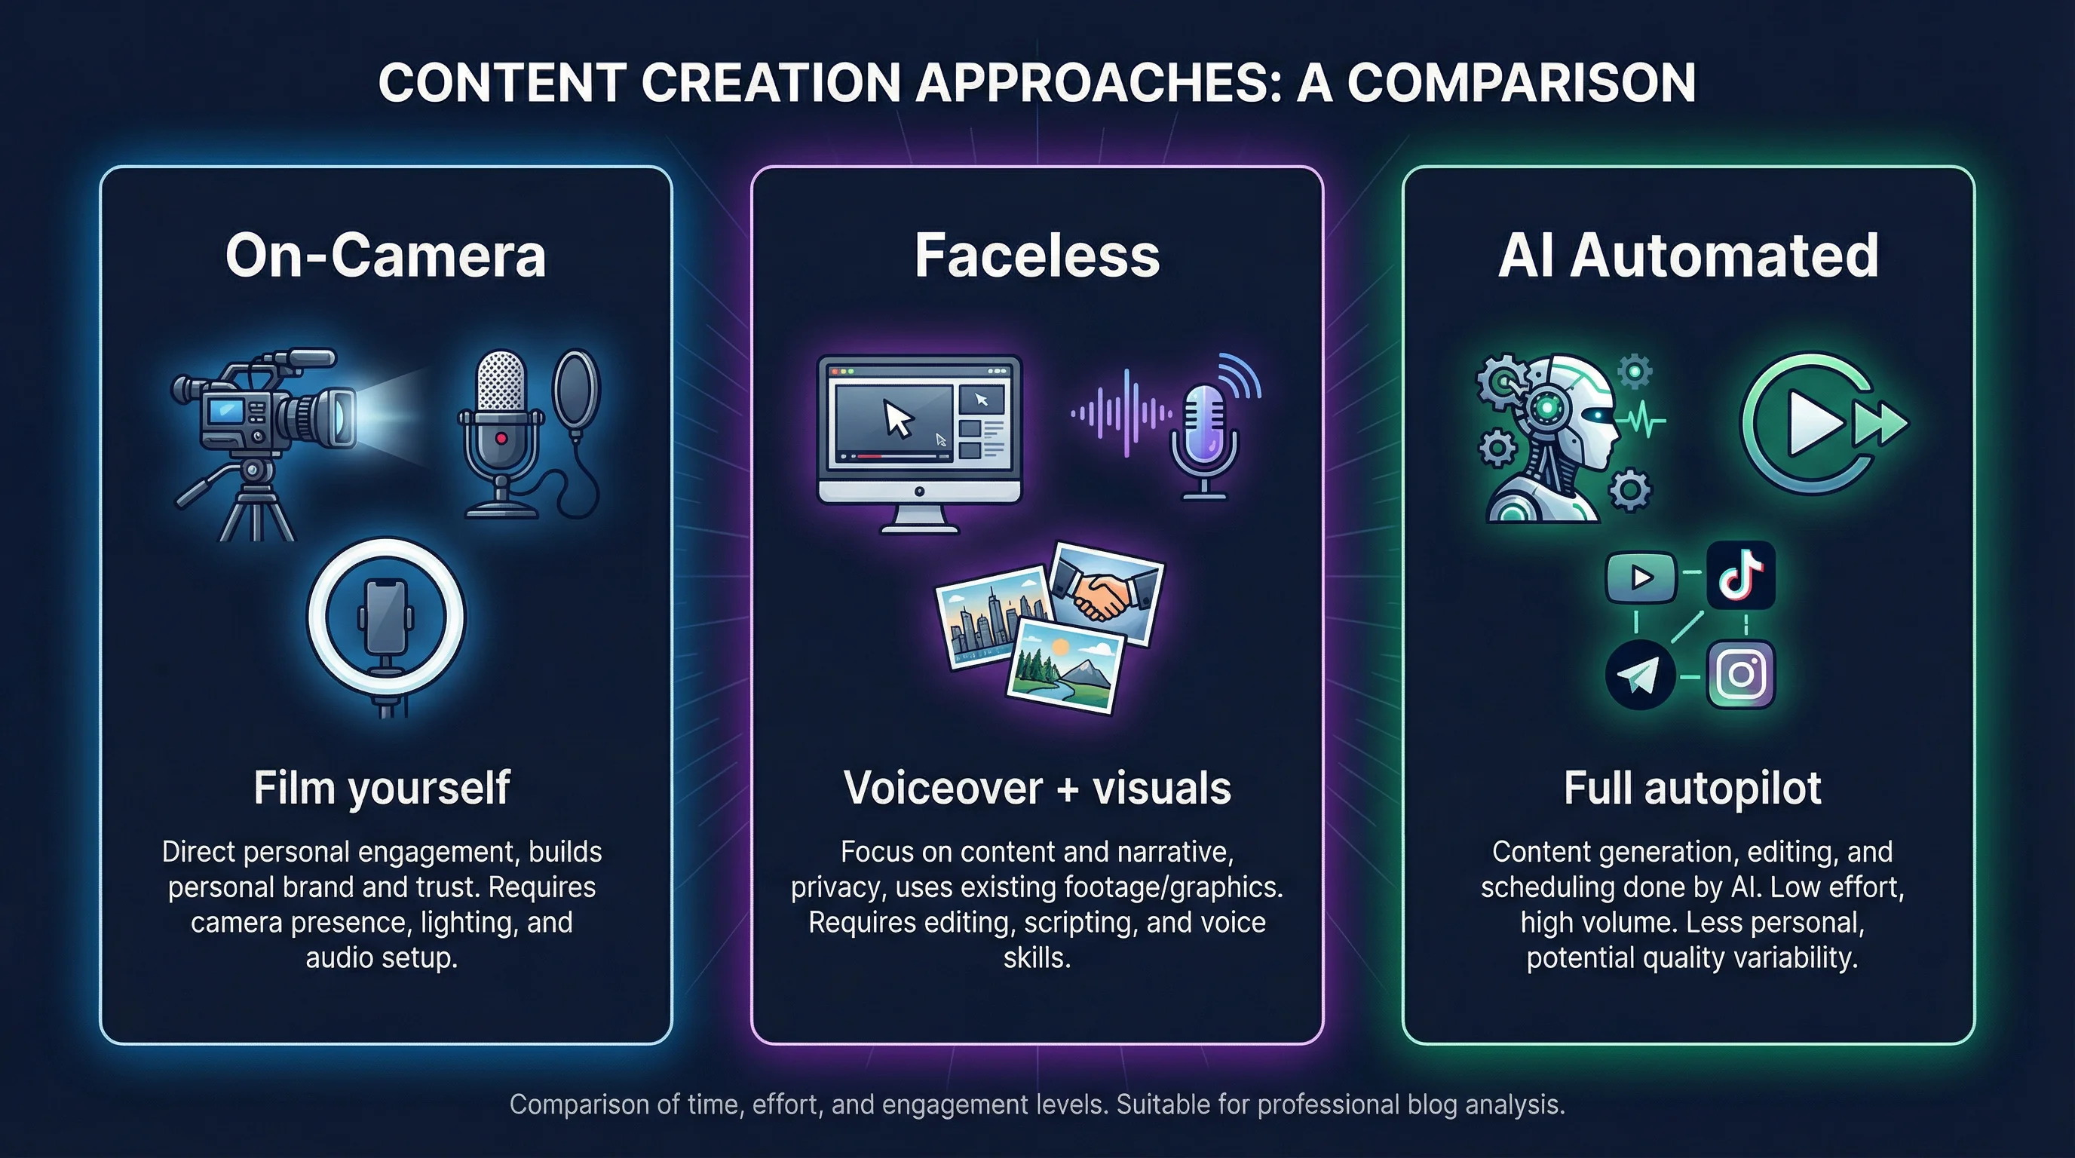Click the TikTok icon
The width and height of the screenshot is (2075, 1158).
pyautogui.click(x=1741, y=575)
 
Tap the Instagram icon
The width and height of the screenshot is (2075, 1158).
pyautogui.click(x=1741, y=674)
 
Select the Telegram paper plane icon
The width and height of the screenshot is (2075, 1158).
pyautogui.click(x=1640, y=675)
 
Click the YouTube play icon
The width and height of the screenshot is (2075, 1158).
pyautogui.click(x=1641, y=577)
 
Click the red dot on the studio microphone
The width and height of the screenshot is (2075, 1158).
pyautogui.click(x=501, y=438)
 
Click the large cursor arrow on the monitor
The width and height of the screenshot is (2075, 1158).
pyautogui.click(x=898, y=418)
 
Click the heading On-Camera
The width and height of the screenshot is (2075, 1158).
pyautogui.click(x=386, y=256)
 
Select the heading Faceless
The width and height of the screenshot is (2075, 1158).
pyautogui.click(x=1037, y=256)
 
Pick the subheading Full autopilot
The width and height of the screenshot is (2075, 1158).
pyautogui.click(x=1691, y=788)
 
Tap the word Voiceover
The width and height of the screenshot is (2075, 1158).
pyautogui.click(x=942, y=788)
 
